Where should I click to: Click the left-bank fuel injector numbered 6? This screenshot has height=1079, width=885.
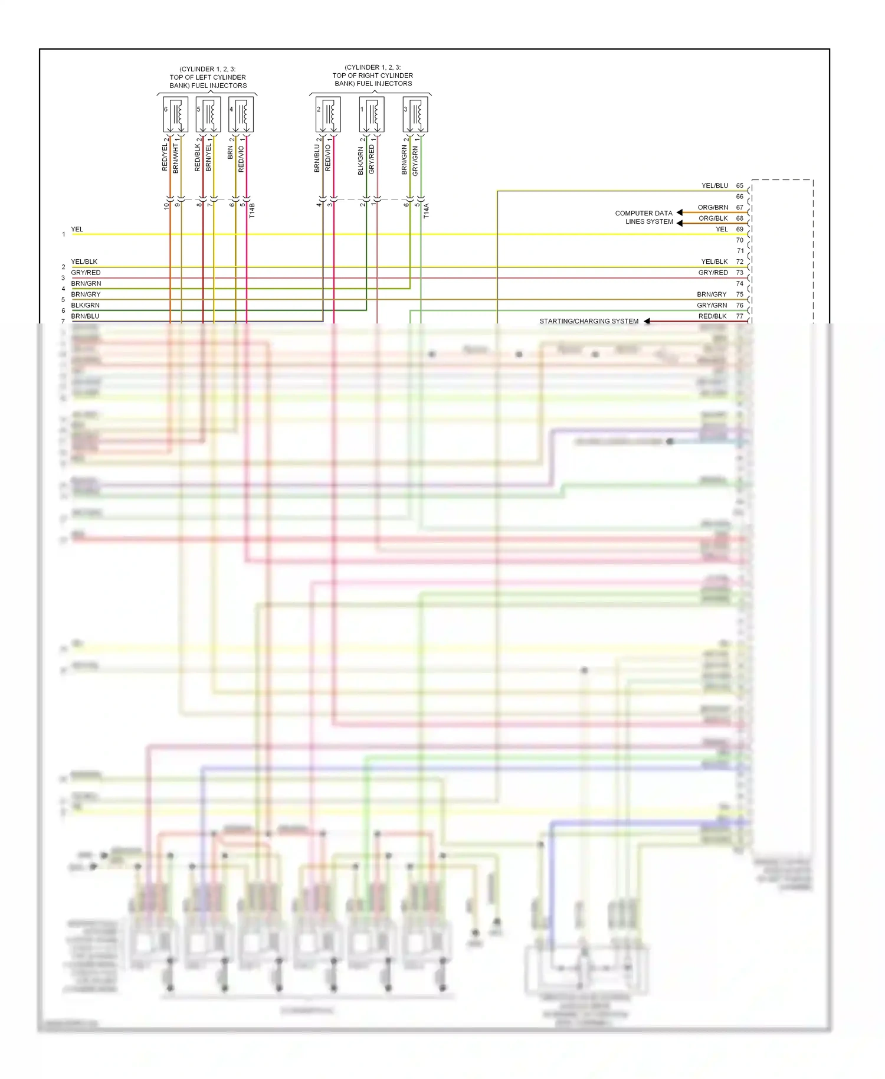[x=175, y=115]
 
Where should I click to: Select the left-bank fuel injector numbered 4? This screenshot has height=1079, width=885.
[x=241, y=115]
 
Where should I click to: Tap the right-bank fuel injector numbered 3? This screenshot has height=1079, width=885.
[x=415, y=115]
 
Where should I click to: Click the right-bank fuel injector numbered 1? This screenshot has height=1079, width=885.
[x=372, y=115]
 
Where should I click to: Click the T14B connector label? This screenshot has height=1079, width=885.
[x=252, y=211]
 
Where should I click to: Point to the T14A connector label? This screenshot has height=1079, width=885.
[x=427, y=211]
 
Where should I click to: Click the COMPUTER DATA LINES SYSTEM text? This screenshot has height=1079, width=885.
[x=644, y=217]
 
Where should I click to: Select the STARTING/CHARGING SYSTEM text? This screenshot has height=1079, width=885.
[x=589, y=321]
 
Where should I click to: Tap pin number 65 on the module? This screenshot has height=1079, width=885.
[x=739, y=185]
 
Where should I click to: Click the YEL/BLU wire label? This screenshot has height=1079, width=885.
[x=714, y=185]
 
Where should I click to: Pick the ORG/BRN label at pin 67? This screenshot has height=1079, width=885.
[x=713, y=207]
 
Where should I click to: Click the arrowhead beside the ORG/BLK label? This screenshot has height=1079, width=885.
[x=680, y=223]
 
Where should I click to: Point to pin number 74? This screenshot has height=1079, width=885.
[x=739, y=283]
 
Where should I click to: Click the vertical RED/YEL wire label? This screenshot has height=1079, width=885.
[x=165, y=156]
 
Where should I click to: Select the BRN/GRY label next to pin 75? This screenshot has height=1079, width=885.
[x=712, y=294]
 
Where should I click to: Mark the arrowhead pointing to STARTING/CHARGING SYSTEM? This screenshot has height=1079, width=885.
[x=647, y=321]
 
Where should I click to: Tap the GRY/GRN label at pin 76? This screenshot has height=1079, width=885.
[x=712, y=305]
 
